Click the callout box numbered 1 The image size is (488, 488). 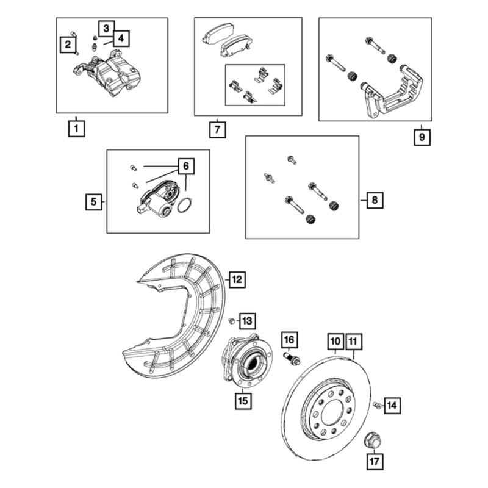[76, 129]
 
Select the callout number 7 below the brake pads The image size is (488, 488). [217, 130]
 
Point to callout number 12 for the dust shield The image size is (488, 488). [237, 280]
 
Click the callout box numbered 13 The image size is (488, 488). [247, 320]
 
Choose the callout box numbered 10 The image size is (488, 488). [335, 340]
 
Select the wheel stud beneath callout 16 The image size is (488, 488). [291, 358]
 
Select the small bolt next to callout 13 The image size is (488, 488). [232, 320]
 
